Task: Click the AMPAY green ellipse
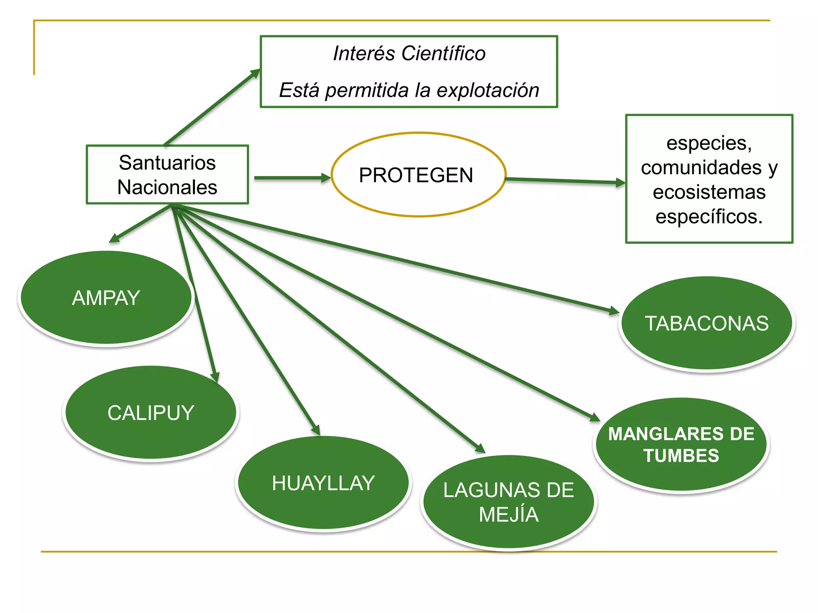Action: click(x=106, y=298)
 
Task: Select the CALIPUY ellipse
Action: click(x=151, y=413)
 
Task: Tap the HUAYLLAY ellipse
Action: click(x=323, y=483)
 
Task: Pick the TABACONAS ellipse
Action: click(x=707, y=323)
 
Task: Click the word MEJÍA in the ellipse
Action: click(x=508, y=514)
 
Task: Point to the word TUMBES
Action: click(x=681, y=456)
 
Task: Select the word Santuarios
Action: click(x=167, y=162)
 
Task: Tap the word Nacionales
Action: click(x=167, y=187)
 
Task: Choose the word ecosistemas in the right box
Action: click(x=709, y=192)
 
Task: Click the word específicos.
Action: click(x=709, y=217)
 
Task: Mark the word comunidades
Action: click(x=701, y=167)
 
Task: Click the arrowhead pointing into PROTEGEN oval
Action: click(x=326, y=178)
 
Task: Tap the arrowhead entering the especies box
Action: click(x=620, y=182)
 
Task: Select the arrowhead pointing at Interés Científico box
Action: click(x=255, y=73)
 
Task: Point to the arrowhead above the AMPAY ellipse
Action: click(x=113, y=239)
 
